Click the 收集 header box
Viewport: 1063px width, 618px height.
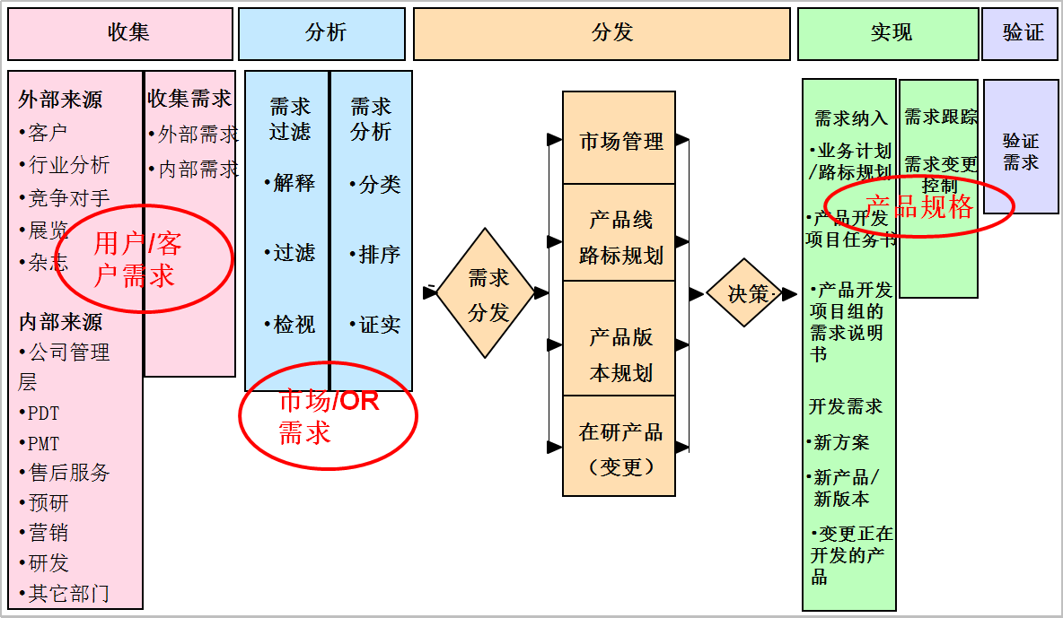pyautogui.click(x=120, y=34)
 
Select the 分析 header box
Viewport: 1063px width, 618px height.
pyautogui.click(x=321, y=34)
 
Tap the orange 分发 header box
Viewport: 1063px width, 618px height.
pyautogui.click(x=602, y=34)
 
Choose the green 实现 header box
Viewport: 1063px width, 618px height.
pyautogui.click(x=888, y=34)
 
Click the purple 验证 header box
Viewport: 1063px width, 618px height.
pyautogui.click(x=1020, y=34)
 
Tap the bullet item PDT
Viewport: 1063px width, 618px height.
pyautogui.click(x=43, y=413)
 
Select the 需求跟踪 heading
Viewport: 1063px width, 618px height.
pyautogui.click(x=939, y=118)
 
